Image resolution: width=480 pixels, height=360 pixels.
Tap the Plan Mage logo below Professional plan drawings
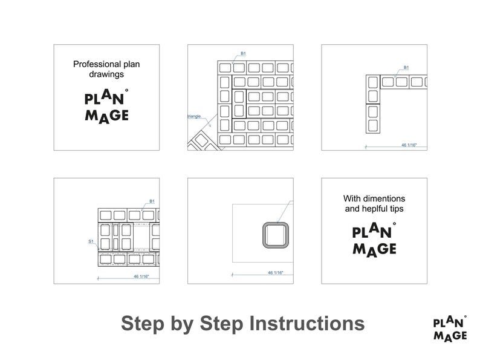coord(106,106)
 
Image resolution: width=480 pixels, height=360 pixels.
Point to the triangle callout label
coord(195,114)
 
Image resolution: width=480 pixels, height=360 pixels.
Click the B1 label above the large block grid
coord(243,54)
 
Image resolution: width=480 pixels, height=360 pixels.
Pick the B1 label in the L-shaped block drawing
coord(406,68)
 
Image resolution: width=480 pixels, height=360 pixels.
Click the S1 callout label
coord(91,241)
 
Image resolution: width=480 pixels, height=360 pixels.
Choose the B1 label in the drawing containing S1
coord(152,201)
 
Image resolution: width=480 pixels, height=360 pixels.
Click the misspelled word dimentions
coord(384,198)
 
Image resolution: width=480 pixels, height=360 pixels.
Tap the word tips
coord(397,209)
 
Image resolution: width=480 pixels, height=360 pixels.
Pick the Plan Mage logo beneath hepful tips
coord(374,240)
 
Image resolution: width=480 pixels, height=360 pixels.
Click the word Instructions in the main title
coord(306,323)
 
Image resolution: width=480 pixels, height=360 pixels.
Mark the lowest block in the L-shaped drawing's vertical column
coord(373,126)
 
